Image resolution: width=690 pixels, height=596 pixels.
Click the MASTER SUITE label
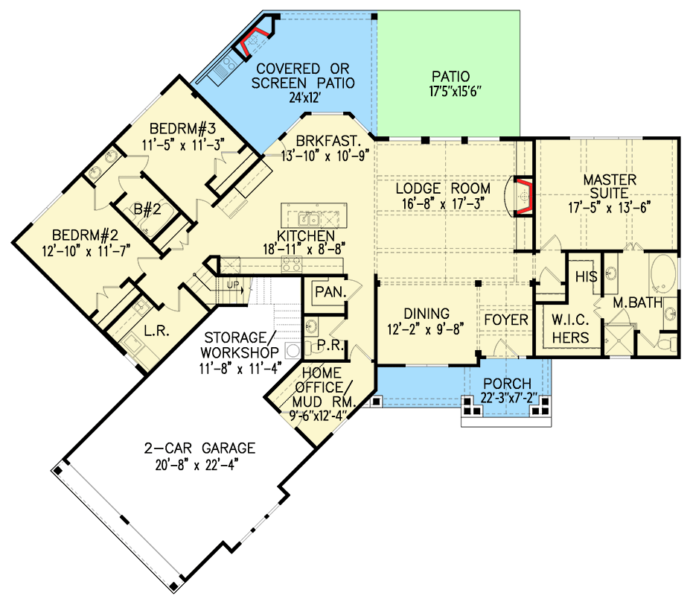(609, 180)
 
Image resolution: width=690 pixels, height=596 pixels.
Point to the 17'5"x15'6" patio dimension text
(450, 92)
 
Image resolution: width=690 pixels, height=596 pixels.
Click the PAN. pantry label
(328, 292)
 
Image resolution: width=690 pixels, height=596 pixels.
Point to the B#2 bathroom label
(146, 209)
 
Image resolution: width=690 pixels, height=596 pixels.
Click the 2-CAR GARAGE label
(200, 448)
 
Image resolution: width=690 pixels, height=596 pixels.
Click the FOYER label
(506, 320)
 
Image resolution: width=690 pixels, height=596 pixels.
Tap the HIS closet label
(586, 276)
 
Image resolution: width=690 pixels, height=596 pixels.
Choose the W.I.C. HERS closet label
(570, 329)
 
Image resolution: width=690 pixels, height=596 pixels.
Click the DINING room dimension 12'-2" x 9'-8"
(427, 329)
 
